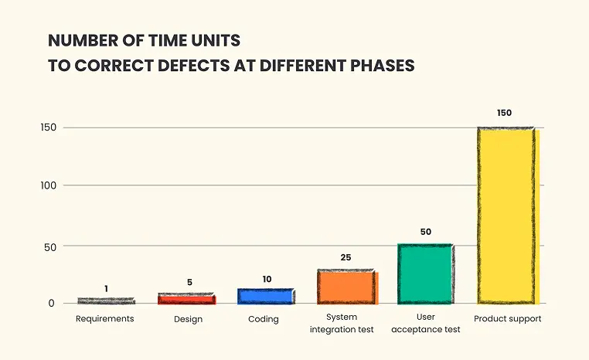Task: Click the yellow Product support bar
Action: pyautogui.click(x=509, y=216)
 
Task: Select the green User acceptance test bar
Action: pyautogui.click(x=426, y=274)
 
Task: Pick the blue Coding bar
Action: pyautogui.click(x=266, y=296)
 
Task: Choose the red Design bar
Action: pyautogui.click(x=187, y=298)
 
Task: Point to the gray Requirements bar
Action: pyautogui.click(x=107, y=301)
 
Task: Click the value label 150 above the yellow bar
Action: pyautogui.click(x=504, y=113)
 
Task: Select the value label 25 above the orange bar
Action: pyautogui.click(x=346, y=257)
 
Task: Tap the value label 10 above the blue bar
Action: pyautogui.click(x=267, y=280)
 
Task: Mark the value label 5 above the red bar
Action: pyautogui.click(x=189, y=282)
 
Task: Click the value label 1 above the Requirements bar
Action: pyautogui.click(x=107, y=289)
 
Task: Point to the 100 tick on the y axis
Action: pyautogui.click(x=49, y=185)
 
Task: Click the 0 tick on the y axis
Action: pyautogui.click(x=52, y=304)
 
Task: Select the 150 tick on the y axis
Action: pyautogui.click(x=49, y=127)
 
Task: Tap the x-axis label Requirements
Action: pyautogui.click(x=105, y=319)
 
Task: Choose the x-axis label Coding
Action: pyautogui.click(x=264, y=320)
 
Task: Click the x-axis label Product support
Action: pyautogui.click(x=508, y=319)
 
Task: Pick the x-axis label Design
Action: pyautogui.click(x=188, y=320)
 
